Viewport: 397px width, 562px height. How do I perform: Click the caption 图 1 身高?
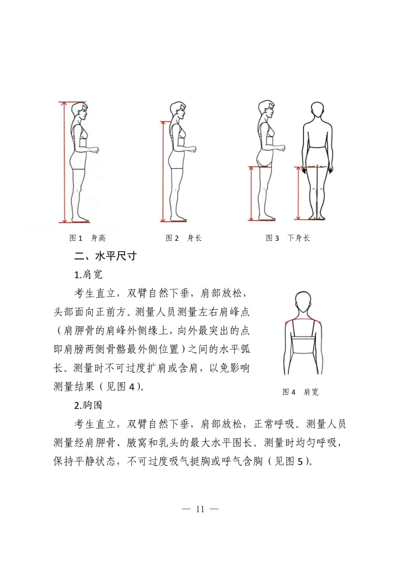coord(87,238)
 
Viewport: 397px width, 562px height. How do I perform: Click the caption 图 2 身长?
coord(183,238)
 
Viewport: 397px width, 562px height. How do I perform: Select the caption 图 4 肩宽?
coord(300,392)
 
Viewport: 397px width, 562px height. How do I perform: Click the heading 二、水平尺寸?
coord(105,256)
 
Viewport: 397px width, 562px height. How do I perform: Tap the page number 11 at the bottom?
coord(200,509)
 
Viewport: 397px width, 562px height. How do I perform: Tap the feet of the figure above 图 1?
coord(80,219)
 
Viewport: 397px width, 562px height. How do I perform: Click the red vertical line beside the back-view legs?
coord(298,193)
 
